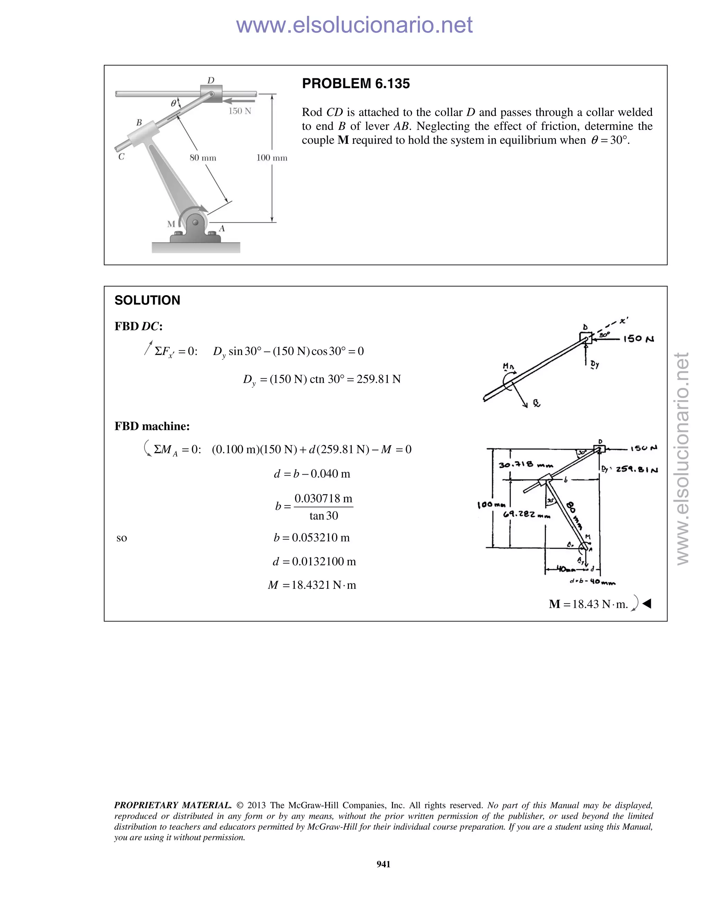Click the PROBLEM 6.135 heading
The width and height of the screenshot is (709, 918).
click(356, 83)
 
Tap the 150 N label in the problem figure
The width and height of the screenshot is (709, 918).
click(240, 111)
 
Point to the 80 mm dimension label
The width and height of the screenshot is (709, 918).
click(203, 158)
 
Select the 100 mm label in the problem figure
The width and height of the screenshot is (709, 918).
click(272, 158)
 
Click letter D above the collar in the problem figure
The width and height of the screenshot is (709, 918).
click(211, 80)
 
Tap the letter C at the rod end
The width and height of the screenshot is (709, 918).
click(122, 157)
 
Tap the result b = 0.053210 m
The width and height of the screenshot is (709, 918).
click(312, 538)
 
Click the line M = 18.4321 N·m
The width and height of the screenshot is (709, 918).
click(312, 585)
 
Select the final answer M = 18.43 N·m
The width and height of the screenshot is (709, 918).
click(588, 604)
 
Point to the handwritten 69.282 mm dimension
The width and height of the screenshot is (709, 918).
click(526, 514)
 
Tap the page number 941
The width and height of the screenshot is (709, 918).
click(383, 864)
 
